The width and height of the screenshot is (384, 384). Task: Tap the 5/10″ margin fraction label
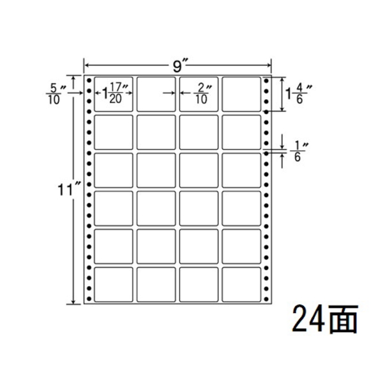pyautogui.click(x=54, y=94)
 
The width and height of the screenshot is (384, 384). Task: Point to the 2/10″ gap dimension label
pyautogui.click(x=202, y=94)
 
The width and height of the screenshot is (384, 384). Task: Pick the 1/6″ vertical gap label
pyautogui.click(x=298, y=152)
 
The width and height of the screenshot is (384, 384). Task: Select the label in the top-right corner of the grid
pyautogui.click(x=241, y=94)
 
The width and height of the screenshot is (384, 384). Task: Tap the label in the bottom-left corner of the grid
pyautogui.click(x=114, y=285)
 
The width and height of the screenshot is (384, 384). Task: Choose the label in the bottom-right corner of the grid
pyautogui.click(x=241, y=285)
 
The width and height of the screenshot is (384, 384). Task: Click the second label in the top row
pyautogui.click(x=156, y=94)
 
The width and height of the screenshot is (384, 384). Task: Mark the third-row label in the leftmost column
pyautogui.click(x=114, y=170)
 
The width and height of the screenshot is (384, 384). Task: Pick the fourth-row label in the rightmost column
pyautogui.click(x=241, y=209)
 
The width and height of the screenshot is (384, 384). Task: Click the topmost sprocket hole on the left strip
pyautogui.click(x=89, y=81)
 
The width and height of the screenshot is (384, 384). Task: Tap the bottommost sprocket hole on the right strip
pyautogui.click(x=266, y=299)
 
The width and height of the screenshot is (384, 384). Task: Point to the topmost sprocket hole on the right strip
pyautogui.click(x=266, y=81)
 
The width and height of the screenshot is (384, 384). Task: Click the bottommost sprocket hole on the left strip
pyautogui.click(x=89, y=299)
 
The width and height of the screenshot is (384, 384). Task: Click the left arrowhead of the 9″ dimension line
pyautogui.click(x=86, y=65)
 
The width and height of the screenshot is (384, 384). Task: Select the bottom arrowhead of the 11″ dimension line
pyautogui.click(x=73, y=302)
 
